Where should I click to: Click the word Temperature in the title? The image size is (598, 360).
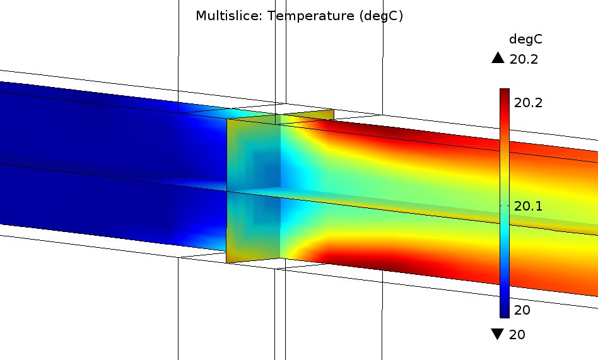311,16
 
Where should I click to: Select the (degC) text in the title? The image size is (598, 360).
381,16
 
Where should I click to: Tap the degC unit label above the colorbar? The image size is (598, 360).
525,40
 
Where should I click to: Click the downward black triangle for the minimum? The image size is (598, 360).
498,334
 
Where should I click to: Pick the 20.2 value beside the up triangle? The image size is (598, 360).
524,59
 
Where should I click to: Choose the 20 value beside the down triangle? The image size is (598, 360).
517,334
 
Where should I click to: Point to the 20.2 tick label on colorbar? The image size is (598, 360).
528,103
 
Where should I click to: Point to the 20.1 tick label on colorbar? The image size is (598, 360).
528,206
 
